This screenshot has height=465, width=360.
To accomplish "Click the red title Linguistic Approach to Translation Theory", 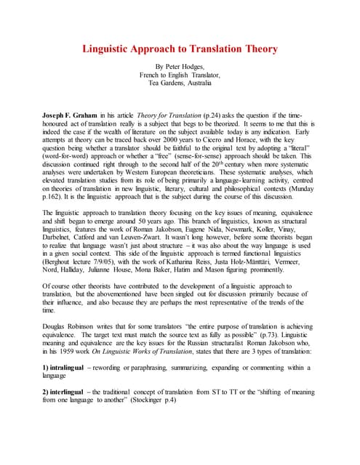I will point(180,49).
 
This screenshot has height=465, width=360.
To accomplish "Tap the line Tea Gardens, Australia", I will point(180,82).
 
